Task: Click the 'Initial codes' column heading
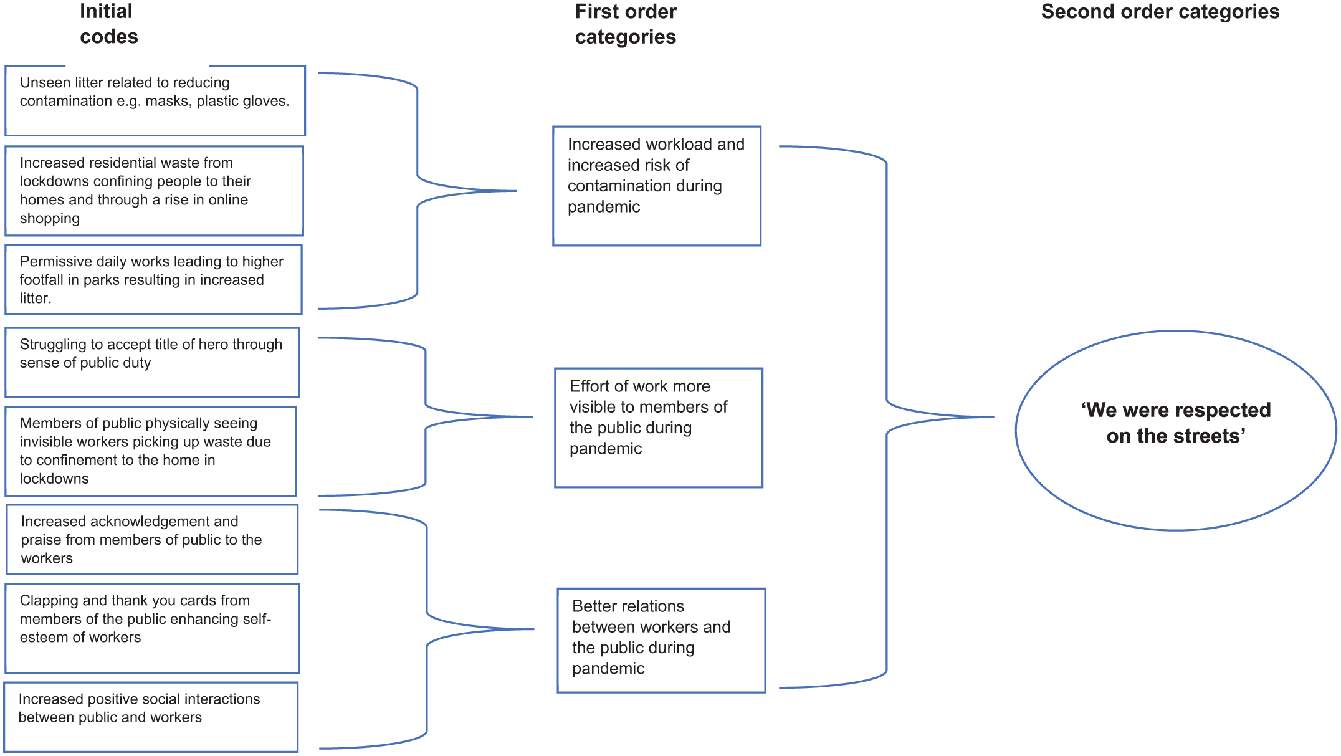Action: pos(108,24)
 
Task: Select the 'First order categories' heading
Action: pos(626,24)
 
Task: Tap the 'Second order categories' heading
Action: pos(1160,12)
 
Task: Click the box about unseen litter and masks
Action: pos(155,101)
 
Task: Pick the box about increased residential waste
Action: pos(154,191)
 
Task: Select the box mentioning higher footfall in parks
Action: pos(153,279)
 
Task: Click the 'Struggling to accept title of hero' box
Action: pos(152,363)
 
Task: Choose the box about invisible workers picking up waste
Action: pos(151,451)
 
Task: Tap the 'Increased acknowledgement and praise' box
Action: pos(152,540)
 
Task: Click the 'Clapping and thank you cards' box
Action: pos(152,628)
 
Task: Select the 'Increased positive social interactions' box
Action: pos(151,717)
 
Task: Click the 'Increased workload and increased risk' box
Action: pos(657,186)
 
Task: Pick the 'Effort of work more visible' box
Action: pos(659,428)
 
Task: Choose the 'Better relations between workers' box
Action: pos(661,640)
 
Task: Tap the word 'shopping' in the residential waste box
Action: pos(50,219)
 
